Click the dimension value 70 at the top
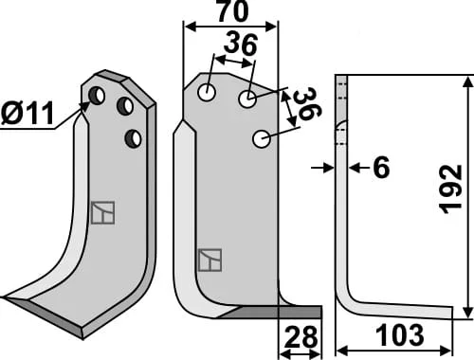click(233, 11)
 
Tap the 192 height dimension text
click(452, 189)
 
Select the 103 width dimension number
click(400, 335)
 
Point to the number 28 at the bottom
click(301, 337)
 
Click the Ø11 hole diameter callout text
click(27, 114)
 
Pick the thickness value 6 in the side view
click(381, 168)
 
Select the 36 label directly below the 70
click(241, 45)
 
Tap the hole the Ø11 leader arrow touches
click(97, 96)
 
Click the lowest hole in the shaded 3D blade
click(133, 138)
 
